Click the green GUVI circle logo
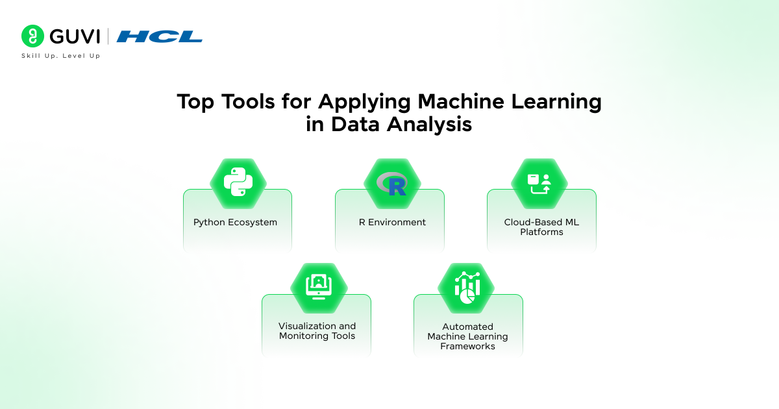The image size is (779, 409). (32, 36)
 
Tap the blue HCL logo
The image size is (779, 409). (159, 36)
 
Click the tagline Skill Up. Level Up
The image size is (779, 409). (61, 56)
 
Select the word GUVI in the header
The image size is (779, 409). (75, 36)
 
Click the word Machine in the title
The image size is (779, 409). (461, 101)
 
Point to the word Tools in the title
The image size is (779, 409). (248, 101)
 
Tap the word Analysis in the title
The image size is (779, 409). (429, 124)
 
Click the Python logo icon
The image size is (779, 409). (238, 182)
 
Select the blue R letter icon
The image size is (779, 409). (397, 187)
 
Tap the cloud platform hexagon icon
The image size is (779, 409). (539, 184)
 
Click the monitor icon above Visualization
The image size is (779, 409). (319, 286)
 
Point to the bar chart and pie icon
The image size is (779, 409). (467, 288)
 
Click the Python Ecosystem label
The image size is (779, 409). (235, 222)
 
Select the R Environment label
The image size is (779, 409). (392, 222)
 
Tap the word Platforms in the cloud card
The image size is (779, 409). (541, 232)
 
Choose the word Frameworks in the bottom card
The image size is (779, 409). (468, 346)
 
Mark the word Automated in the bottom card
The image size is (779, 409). (468, 327)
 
